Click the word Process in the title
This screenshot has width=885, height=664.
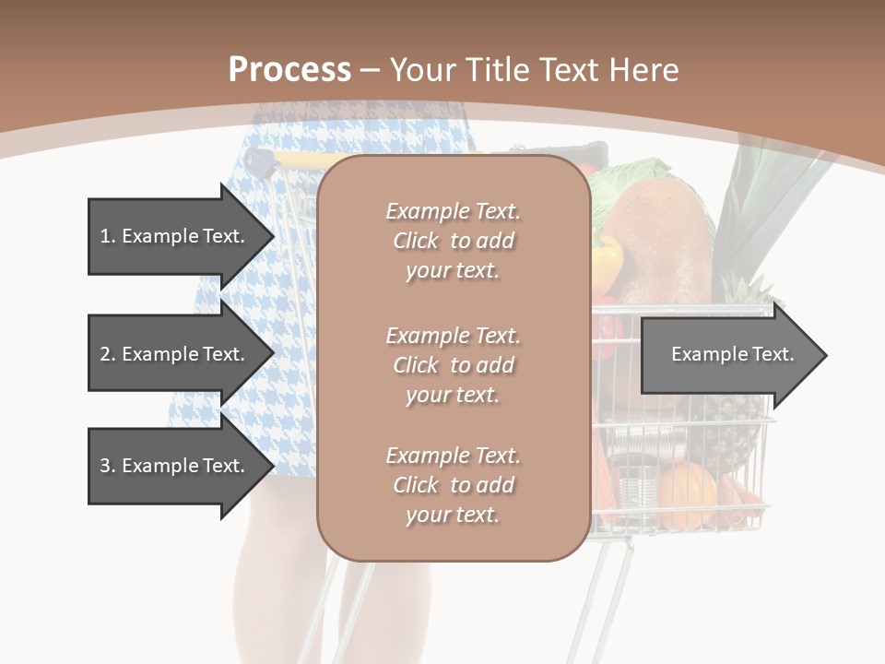(x=289, y=70)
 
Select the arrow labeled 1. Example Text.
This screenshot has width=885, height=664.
(x=175, y=236)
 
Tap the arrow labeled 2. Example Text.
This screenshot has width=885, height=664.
(x=175, y=354)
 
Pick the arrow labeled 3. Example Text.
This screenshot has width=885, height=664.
(x=175, y=466)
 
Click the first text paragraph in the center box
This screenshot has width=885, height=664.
(x=453, y=241)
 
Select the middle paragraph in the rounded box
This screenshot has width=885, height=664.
(x=453, y=364)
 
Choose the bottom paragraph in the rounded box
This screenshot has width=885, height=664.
(x=453, y=484)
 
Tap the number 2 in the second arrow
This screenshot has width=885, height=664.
(x=105, y=354)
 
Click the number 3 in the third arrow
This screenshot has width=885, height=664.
(x=105, y=466)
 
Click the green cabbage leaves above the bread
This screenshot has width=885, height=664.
(x=627, y=180)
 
